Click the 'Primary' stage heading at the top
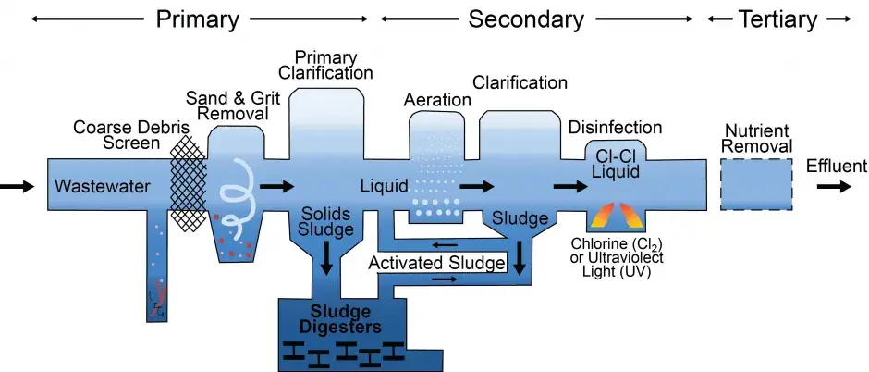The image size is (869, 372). tap(198, 19)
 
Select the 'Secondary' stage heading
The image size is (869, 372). tap(526, 19)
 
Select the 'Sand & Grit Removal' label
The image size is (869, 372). tap(227, 105)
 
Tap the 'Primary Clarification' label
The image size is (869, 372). tap(331, 65)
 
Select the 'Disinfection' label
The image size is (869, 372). tap(616, 127)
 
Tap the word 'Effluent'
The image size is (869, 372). tap(836, 167)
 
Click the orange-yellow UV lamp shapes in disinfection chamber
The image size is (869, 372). tap(615, 214)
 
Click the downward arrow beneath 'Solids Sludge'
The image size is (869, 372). tap(325, 256)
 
